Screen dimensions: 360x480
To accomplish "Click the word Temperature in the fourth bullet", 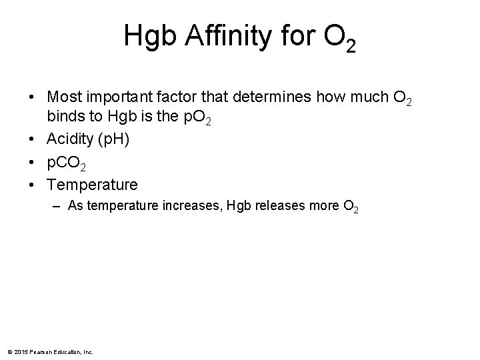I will point(92,184).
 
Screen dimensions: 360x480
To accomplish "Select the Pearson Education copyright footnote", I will point(51,351).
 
